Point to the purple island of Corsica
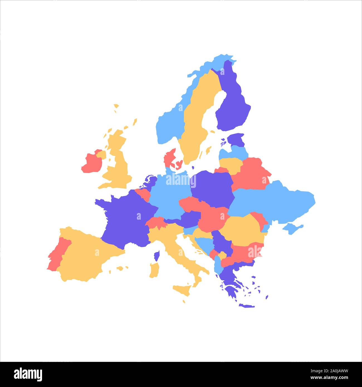pyautogui.click(x=157, y=256)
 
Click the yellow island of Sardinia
pyautogui.click(x=154, y=270)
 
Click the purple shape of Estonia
pyautogui.click(x=236, y=139)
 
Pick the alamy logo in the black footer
pyautogui.click(x=28, y=374)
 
